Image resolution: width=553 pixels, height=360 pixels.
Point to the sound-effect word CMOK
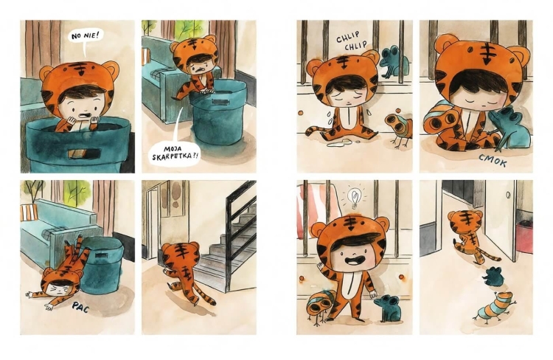493,161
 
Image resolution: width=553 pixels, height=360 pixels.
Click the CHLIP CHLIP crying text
350,41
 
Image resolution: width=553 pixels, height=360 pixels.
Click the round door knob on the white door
509,195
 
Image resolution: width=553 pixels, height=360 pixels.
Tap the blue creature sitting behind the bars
394,63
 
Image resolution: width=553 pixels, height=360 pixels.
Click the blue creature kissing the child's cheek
507,129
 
